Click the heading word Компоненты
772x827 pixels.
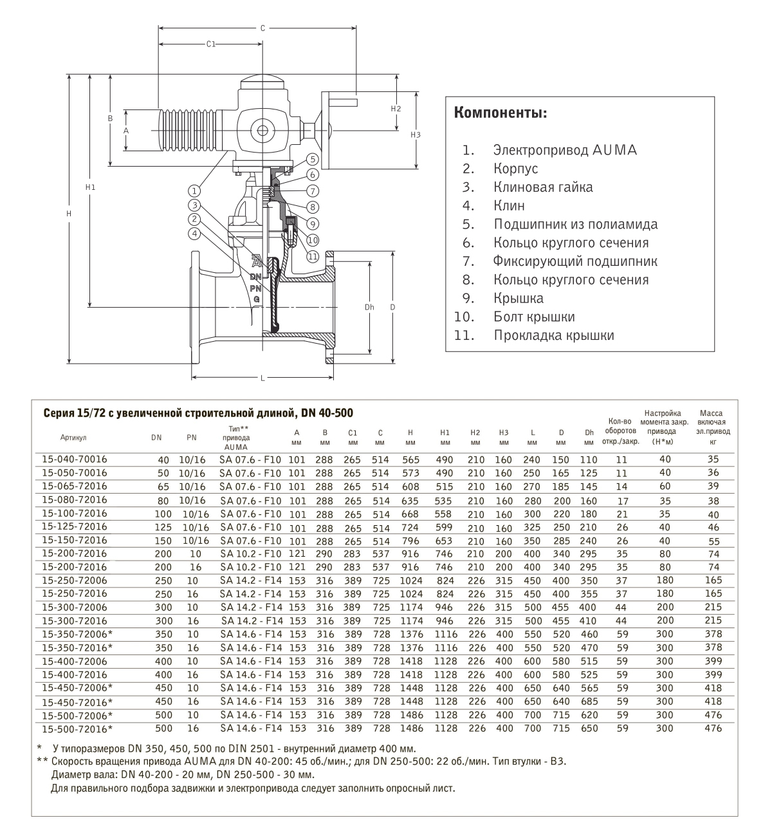pyautogui.click(x=501, y=113)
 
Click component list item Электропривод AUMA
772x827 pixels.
pyautogui.click(x=565, y=150)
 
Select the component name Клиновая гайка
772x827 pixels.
pyautogui.click(x=543, y=187)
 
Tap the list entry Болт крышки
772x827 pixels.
pyautogui.click(x=534, y=317)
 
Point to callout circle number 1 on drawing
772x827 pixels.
pyautogui.click(x=194, y=190)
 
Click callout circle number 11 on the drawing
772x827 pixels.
pyautogui.click(x=313, y=256)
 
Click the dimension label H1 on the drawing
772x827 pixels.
pyautogui.click(x=90, y=187)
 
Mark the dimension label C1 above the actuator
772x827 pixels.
pyautogui.click(x=210, y=44)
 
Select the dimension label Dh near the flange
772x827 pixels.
pyautogui.click(x=369, y=307)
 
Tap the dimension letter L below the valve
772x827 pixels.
pyautogui.click(x=263, y=378)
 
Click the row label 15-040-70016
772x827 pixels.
pyautogui.click(x=74, y=459)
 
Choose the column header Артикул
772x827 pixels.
pyautogui.click(x=73, y=438)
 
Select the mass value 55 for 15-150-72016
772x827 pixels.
pyautogui.click(x=713, y=541)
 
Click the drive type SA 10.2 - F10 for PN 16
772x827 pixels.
pyautogui.click(x=251, y=567)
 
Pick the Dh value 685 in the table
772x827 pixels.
pyautogui.click(x=589, y=702)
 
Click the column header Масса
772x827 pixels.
pyautogui.click(x=711, y=413)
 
